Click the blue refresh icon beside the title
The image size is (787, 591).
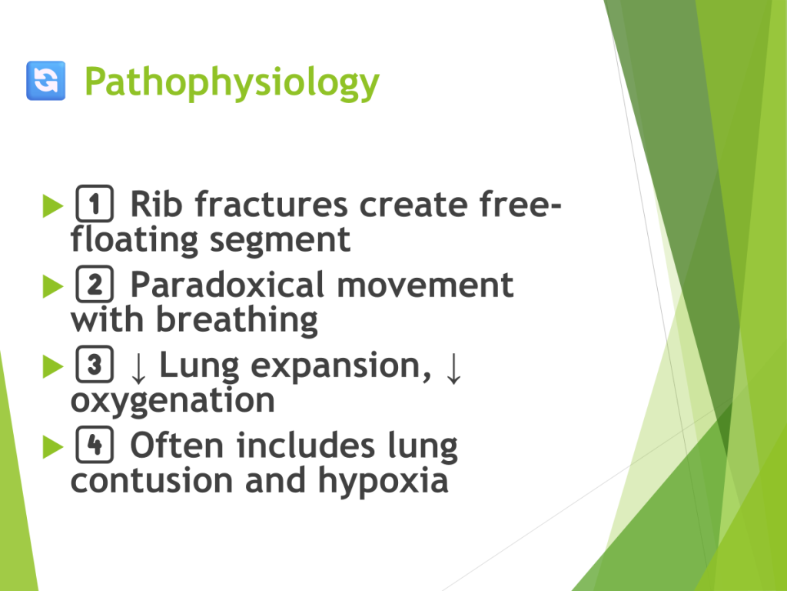[45, 80]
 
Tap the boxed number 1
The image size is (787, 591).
[95, 203]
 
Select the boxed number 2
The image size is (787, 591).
[95, 284]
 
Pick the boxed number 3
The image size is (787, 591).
[95, 364]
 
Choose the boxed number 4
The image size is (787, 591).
[95, 445]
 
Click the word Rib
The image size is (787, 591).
[156, 205]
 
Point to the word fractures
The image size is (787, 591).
[271, 205]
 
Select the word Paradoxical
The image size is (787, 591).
[227, 285]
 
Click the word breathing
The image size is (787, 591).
[237, 320]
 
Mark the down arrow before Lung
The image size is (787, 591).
[138, 368]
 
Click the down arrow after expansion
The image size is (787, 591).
[453, 368]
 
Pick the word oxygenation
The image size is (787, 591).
[173, 402]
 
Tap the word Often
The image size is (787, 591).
[177, 446]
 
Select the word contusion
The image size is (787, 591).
[152, 480]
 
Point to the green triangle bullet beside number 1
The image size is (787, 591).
[53, 205]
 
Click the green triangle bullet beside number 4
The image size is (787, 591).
[53, 447]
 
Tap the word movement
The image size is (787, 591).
[424, 285]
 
